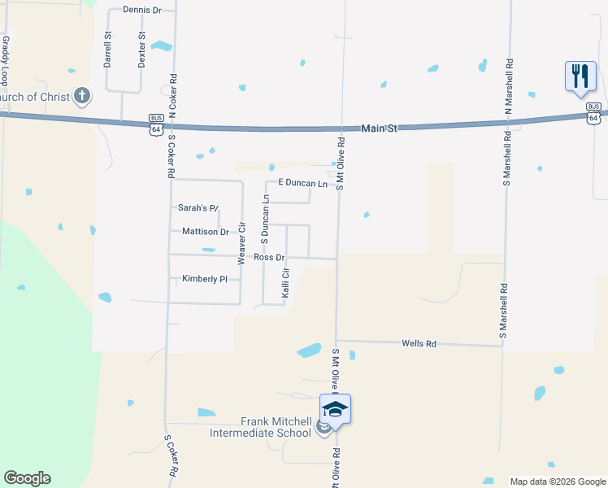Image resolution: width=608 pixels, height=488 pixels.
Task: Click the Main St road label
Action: (379, 128)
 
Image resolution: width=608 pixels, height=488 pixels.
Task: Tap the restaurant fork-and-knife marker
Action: (580, 76)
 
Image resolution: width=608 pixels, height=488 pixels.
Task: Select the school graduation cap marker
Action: (335, 409)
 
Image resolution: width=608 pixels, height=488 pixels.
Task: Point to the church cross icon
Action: (81, 97)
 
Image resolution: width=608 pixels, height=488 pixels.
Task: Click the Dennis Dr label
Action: (142, 10)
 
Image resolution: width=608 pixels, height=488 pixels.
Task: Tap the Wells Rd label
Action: (419, 344)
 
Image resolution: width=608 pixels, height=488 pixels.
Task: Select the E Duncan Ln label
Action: (302, 184)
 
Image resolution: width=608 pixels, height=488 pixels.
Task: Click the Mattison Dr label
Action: (206, 232)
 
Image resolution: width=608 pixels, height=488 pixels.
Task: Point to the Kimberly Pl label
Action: (205, 279)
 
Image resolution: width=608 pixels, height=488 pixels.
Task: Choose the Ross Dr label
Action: (269, 257)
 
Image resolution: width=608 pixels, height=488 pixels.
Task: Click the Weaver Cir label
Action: (241, 243)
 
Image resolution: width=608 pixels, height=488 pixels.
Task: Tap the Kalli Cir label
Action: (286, 282)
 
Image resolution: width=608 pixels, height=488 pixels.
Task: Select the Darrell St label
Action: (107, 50)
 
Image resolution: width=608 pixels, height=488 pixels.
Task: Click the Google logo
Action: (27, 478)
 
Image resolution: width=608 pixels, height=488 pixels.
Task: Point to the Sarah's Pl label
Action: (198, 208)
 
